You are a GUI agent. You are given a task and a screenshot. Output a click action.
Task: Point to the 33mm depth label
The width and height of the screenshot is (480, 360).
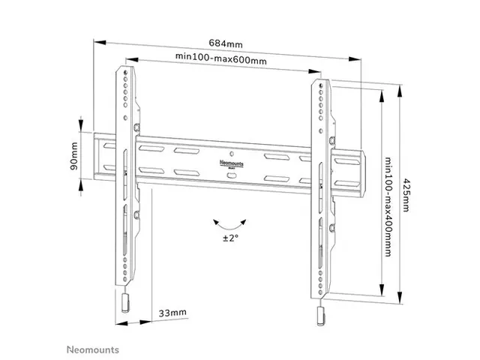[172, 312]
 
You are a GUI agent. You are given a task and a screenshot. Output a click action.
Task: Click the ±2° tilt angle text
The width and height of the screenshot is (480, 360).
[229, 238]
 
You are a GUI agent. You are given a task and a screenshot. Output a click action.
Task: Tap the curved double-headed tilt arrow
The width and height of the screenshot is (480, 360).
[229, 223]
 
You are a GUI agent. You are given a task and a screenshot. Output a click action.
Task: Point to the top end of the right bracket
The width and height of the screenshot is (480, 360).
[322, 77]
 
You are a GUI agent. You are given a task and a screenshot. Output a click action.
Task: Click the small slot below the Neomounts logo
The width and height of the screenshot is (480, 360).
[230, 175]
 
